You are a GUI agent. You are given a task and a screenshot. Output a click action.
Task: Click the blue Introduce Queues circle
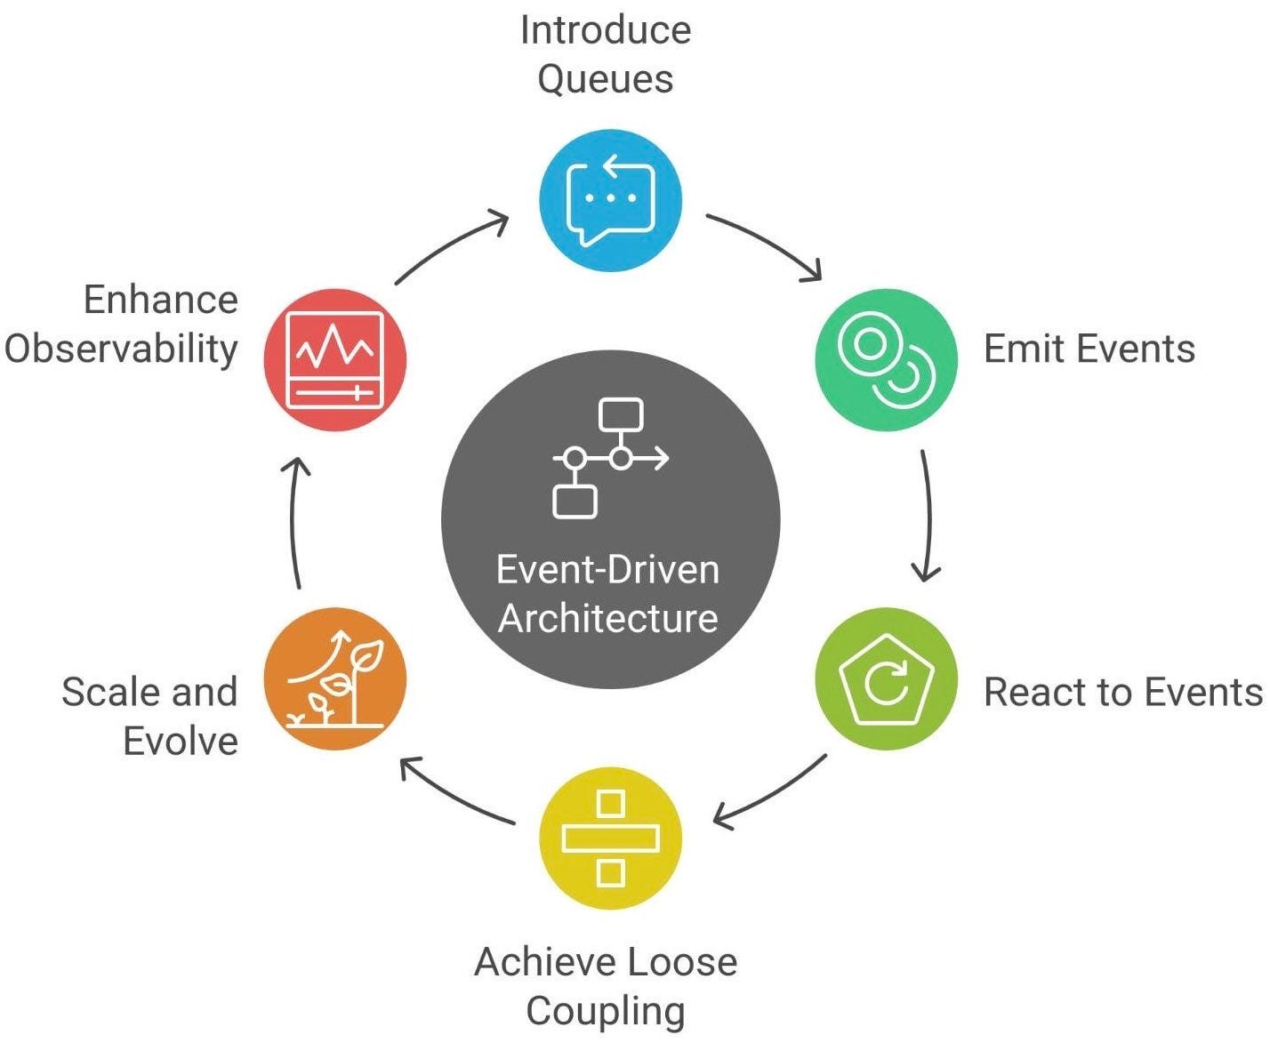[610, 200]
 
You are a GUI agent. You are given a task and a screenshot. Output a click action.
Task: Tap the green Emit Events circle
[886, 359]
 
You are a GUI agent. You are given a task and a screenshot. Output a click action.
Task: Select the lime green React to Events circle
[886, 678]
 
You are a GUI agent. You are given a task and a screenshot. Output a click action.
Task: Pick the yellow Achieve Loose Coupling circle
[610, 838]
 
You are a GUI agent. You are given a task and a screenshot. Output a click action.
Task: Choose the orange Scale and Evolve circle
[335, 678]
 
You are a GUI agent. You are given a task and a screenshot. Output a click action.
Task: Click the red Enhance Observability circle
[335, 359]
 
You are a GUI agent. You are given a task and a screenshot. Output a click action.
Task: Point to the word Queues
[606, 80]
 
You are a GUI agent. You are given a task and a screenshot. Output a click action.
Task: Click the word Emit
[1022, 349]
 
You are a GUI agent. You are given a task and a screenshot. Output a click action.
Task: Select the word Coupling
[606, 1011]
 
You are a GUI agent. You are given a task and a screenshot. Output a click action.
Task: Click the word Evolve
[181, 741]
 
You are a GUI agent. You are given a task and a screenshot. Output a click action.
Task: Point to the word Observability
[122, 349]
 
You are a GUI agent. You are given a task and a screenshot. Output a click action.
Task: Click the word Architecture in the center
[608, 618]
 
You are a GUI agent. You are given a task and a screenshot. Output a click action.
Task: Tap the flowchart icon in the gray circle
[610, 459]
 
